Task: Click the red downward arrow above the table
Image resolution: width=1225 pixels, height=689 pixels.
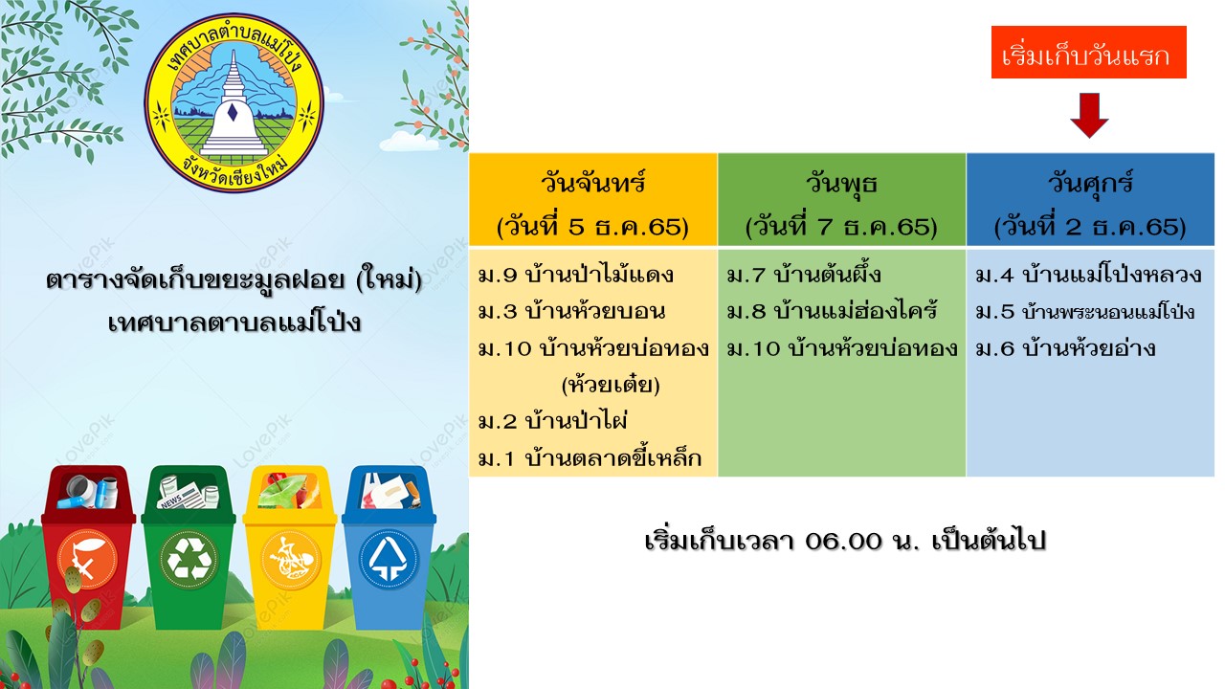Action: click(1089, 116)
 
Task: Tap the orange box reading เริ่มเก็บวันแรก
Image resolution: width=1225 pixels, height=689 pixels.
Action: click(1088, 52)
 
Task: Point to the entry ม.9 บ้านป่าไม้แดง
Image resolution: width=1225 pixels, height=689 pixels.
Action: click(575, 274)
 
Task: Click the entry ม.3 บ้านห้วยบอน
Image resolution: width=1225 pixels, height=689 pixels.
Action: click(572, 311)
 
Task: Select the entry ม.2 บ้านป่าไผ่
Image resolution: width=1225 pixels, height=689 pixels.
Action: click(552, 421)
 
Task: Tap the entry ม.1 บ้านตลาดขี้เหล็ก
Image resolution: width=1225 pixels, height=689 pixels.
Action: click(590, 457)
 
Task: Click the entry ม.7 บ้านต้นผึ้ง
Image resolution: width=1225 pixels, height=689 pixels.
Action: click(804, 274)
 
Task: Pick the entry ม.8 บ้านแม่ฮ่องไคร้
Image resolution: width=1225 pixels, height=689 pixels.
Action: click(833, 311)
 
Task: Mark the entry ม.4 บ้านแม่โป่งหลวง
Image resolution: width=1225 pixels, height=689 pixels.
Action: click(1088, 274)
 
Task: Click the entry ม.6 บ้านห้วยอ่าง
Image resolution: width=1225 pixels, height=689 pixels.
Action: click(1065, 347)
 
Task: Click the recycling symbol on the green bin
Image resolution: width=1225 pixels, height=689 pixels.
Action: click(189, 559)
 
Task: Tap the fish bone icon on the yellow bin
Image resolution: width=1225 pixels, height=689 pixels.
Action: click(290, 559)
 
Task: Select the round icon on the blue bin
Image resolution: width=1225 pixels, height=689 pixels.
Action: click(388, 559)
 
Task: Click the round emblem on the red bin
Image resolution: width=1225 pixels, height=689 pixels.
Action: click(87, 559)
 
